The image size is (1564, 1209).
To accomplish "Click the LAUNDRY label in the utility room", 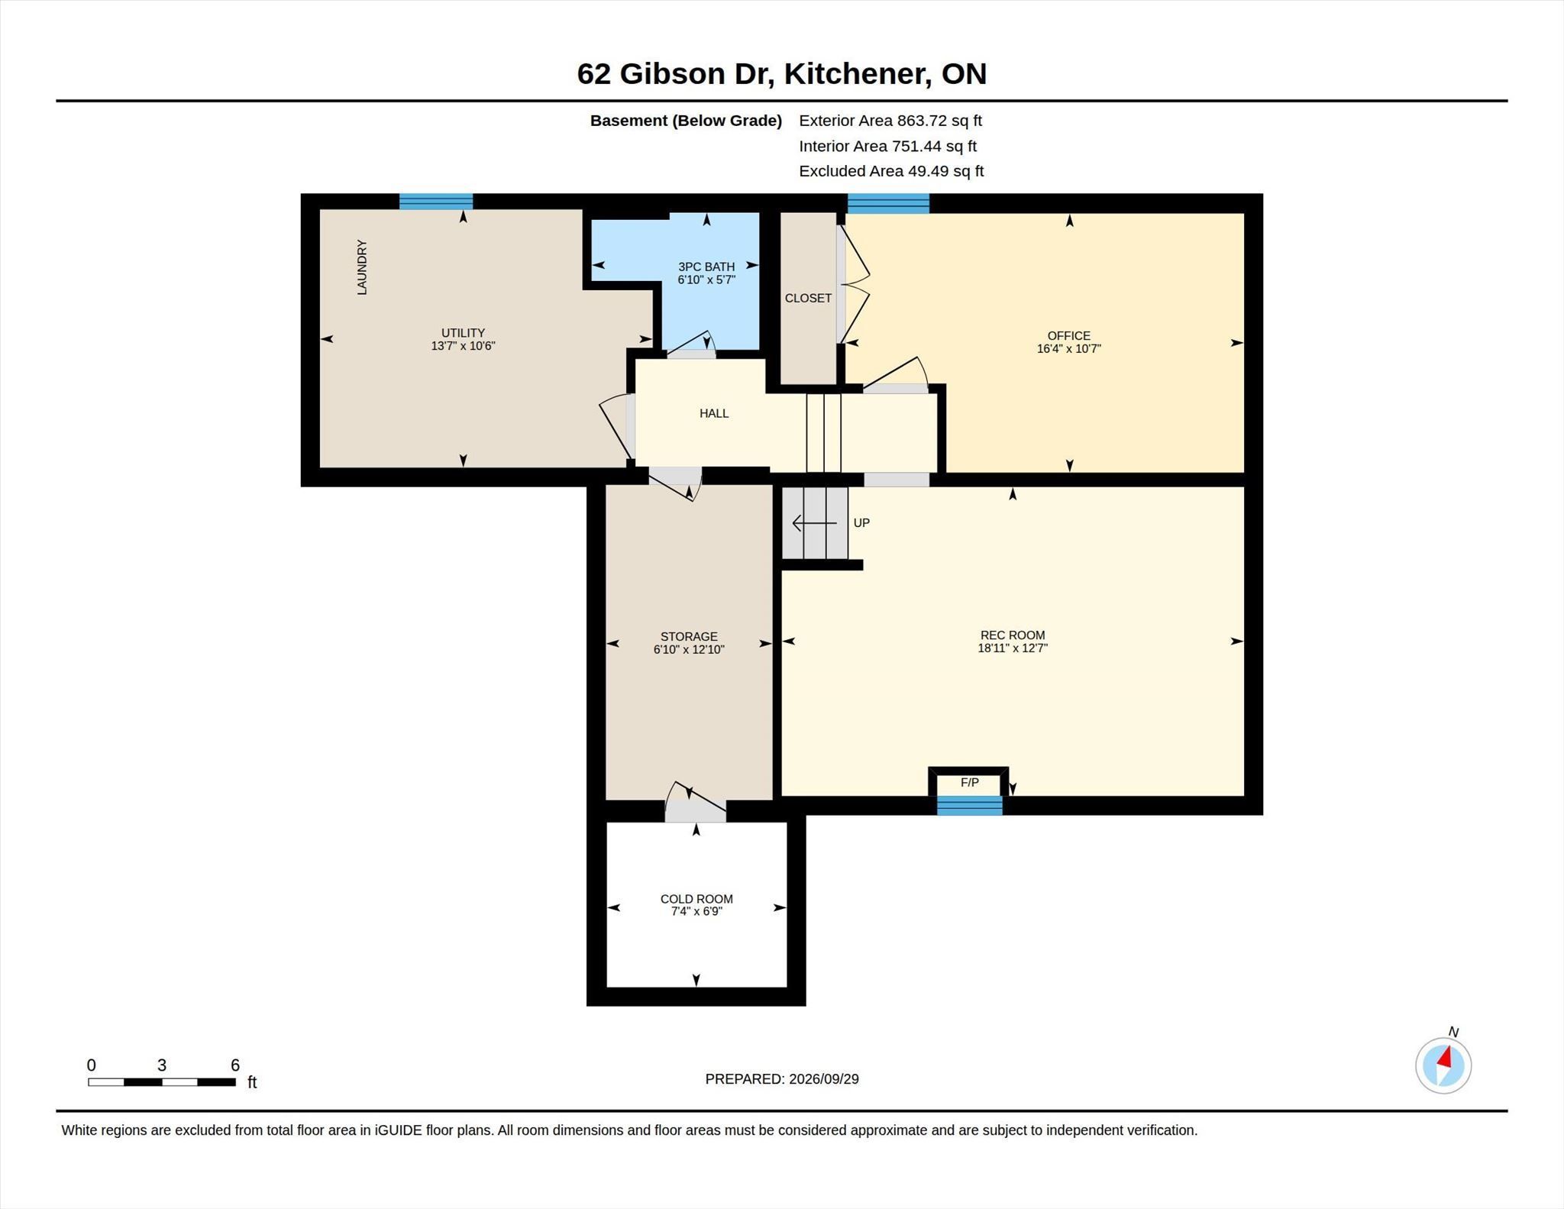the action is tap(362, 267).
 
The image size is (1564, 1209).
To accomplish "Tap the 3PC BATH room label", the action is tap(706, 267).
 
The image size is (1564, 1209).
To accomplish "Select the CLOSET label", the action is tap(808, 298).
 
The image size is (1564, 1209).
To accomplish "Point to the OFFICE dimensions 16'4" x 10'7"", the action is tap(1068, 349).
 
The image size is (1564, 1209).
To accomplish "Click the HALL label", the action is tap(714, 413).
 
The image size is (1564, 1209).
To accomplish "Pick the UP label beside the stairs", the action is tap(861, 523).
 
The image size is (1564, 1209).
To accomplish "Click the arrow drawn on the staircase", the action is tap(815, 523).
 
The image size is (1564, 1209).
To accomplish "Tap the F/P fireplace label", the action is tap(969, 782).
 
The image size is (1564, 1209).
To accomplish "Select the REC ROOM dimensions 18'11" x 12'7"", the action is tap(1013, 648).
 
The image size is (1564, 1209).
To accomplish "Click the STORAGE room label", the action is tap(689, 636).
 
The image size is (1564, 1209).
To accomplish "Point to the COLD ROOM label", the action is tap(696, 899).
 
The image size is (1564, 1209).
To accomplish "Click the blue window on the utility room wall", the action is tap(436, 202).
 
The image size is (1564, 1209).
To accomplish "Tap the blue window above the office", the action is tap(888, 203).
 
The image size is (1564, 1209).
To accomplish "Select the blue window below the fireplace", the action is tap(970, 806).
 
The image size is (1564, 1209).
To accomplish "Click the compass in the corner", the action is tap(1443, 1065).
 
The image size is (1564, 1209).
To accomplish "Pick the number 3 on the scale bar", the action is tap(162, 1065).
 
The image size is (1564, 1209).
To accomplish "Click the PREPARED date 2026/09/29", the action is tap(824, 1079).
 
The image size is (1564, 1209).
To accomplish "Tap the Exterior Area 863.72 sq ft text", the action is tap(890, 121).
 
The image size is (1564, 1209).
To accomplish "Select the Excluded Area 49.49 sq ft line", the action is tap(891, 171).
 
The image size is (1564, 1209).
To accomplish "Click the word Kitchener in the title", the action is tap(858, 74).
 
